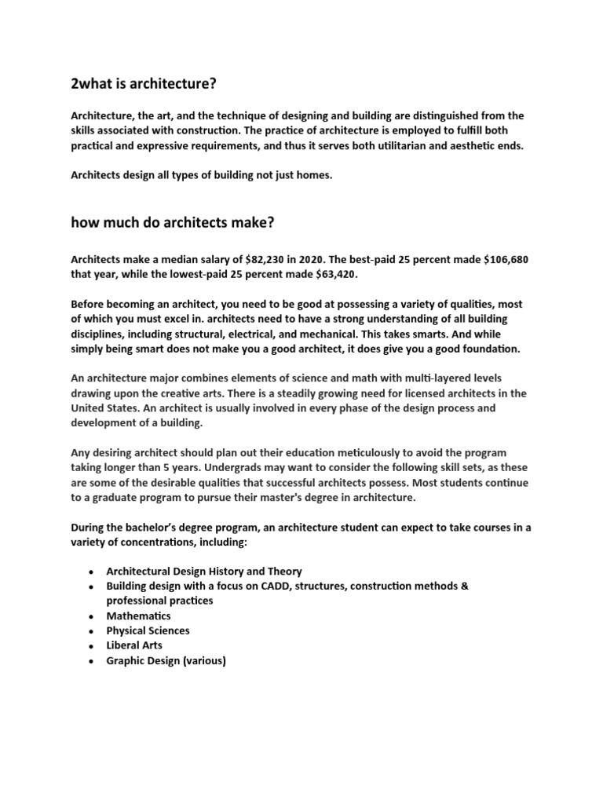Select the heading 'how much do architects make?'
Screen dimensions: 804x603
(172, 223)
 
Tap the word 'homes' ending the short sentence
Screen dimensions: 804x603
(315, 176)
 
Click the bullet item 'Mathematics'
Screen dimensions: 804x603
(138, 616)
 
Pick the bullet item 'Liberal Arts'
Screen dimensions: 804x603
(134, 645)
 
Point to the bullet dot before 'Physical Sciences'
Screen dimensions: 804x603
(93, 631)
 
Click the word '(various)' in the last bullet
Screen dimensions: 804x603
(204, 660)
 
